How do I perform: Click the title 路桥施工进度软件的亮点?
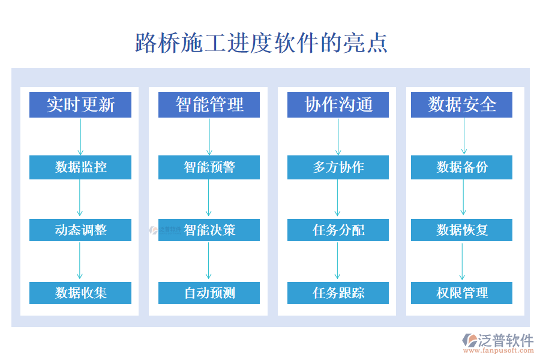pos(262,43)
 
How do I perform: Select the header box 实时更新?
pos(80,104)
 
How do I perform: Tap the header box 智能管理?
pos(209,104)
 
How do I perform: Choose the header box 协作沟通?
pos(338,104)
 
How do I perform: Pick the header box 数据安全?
pos(461,104)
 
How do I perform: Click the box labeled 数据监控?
pos(80,167)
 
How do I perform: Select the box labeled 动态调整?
pos(80,230)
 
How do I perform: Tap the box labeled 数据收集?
pos(80,293)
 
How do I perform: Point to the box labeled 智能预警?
pos(209,167)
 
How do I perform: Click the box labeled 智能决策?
pos(209,230)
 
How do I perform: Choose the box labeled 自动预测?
pos(209,293)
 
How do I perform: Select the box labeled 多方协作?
pos(338,167)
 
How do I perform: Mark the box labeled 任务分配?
pos(338,230)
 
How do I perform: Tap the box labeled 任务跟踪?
pos(338,293)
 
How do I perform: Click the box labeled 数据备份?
pos(461,167)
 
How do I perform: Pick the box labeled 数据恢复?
pos(461,230)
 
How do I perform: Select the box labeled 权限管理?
pos(461,293)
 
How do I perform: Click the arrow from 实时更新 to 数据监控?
pos(80,136)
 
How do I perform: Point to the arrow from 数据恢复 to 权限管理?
pos(462,261)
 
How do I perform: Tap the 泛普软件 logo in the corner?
pos(497,343)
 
